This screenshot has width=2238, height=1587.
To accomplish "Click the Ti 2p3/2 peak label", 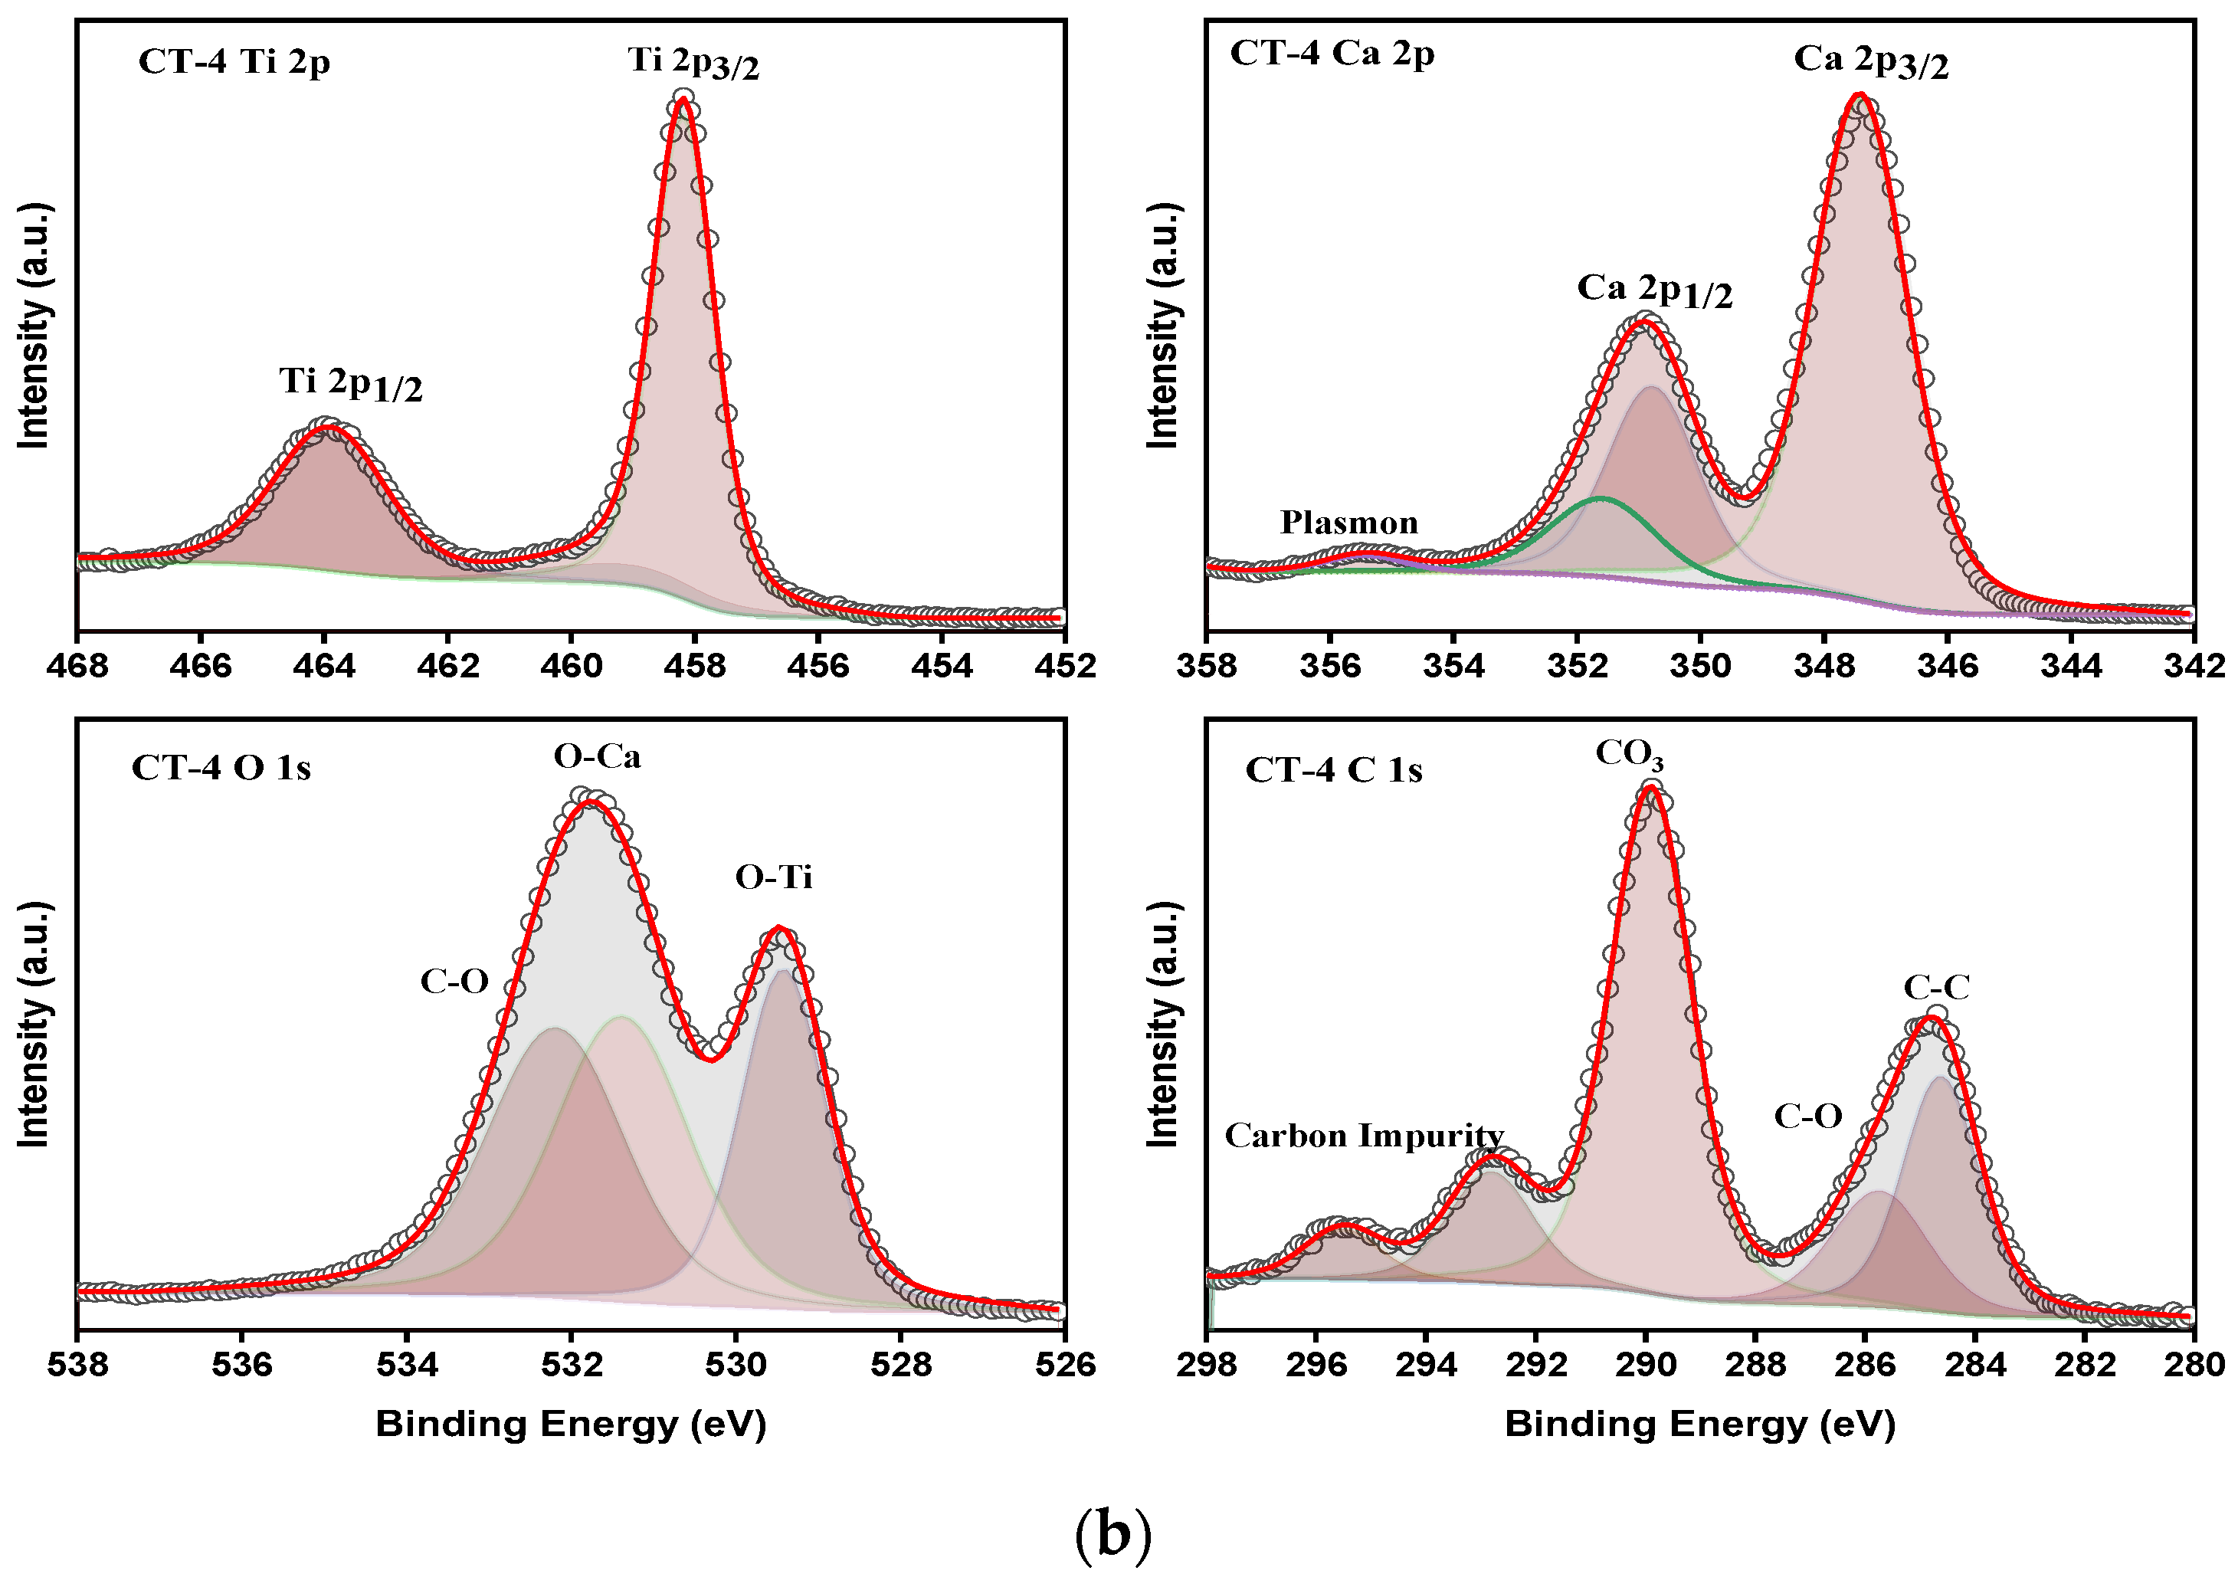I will (693, 63).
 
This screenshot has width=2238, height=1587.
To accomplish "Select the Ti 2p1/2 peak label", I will (351, 383).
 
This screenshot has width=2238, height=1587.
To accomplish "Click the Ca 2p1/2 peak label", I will (1654, 290).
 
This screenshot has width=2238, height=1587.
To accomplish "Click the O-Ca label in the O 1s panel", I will (597, 757).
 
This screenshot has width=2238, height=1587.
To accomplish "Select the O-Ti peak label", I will (773, 877).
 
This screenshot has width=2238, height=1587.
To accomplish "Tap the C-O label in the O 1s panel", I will (454, 981).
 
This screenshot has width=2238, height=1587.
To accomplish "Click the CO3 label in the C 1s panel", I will (1630, 754).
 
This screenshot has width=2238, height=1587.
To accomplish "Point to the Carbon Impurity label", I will (1364, 1136).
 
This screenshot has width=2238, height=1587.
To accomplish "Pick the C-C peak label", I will (1936, 988).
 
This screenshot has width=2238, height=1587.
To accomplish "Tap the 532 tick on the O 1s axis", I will (572, 1364).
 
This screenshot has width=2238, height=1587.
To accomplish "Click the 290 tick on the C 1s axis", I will (1646, 1364).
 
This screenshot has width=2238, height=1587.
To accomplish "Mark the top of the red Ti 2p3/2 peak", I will (683, 100).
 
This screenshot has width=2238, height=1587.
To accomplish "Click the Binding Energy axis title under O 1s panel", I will (571, 1425).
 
